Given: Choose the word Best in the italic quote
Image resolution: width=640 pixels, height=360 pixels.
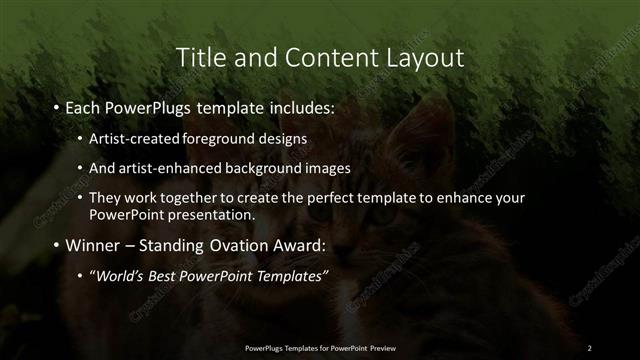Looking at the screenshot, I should coord(174,276).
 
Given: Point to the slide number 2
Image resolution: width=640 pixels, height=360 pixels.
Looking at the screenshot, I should coord(589,348).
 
